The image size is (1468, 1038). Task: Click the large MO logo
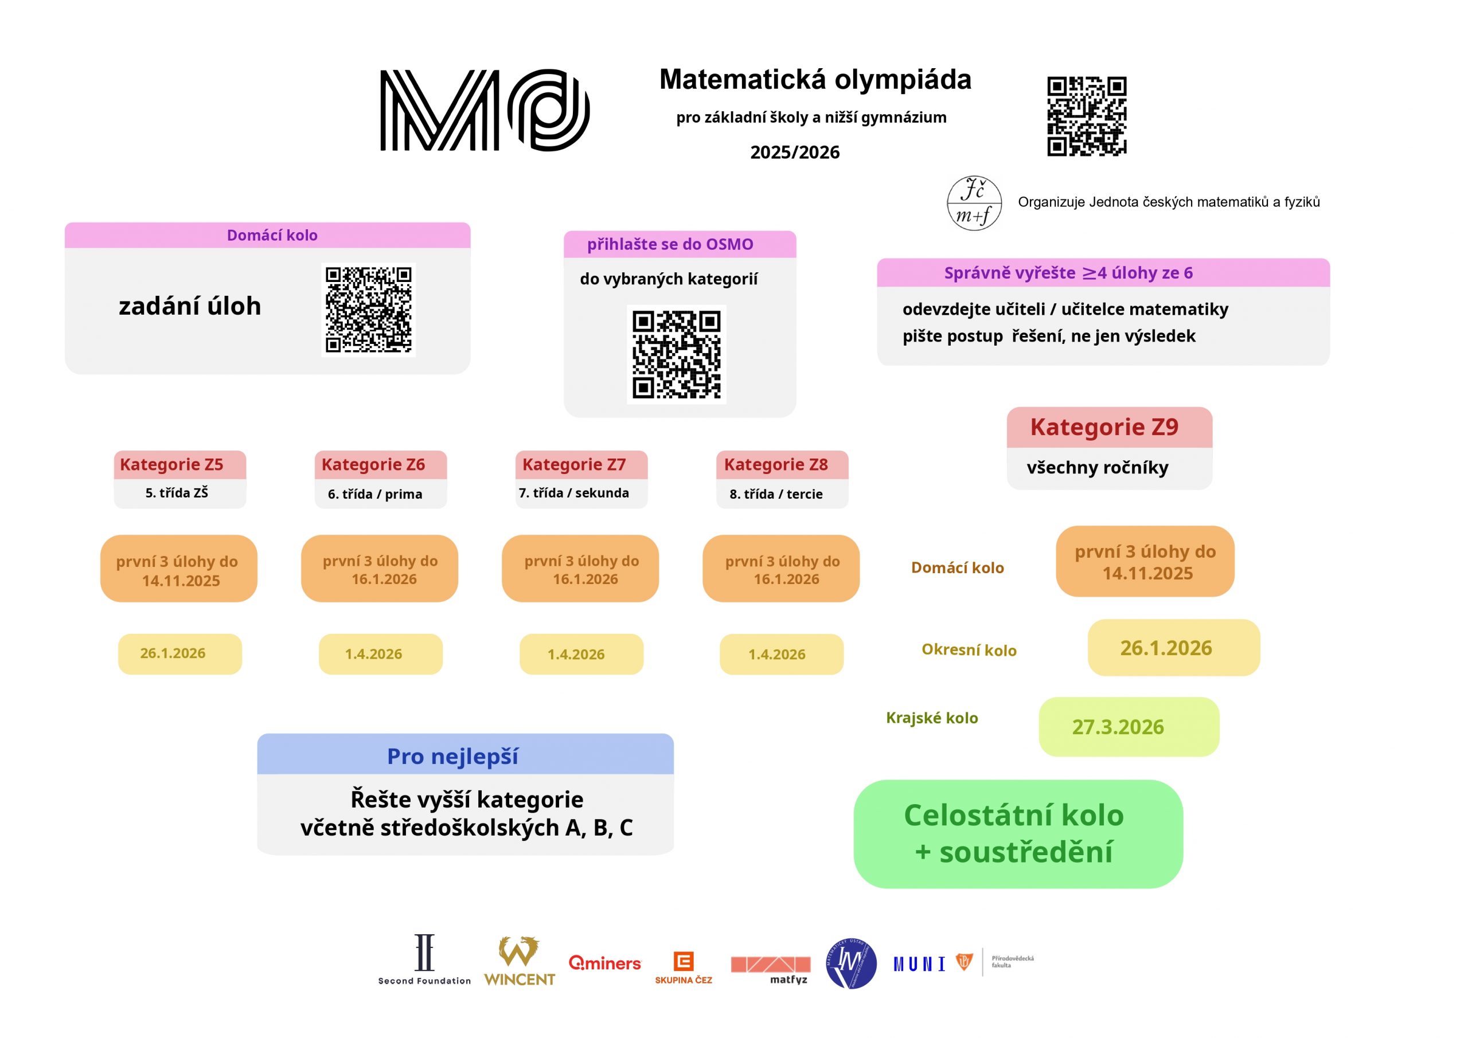pos(485,110)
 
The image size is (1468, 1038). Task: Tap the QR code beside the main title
pos(1086,116)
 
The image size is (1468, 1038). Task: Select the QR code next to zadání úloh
pos(368,310)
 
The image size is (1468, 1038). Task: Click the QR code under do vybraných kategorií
pos(677,354)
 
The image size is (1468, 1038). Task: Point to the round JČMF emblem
pos(974,203)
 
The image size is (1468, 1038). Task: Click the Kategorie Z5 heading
pos(172,465)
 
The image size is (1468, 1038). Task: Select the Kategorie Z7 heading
pos(574,465)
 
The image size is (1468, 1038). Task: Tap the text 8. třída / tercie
pos(776,494)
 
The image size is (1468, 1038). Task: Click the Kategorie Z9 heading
pos(1104,427)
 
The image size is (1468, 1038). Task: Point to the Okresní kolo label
pos(969,650)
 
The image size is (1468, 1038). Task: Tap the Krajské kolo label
pos(932,718)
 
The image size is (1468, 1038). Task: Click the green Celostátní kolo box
pos(1018,833)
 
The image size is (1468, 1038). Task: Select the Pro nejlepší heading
pos(452,756)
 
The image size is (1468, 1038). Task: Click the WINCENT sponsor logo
pos(519,962)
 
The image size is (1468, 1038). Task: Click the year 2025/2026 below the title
pos(795,152)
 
